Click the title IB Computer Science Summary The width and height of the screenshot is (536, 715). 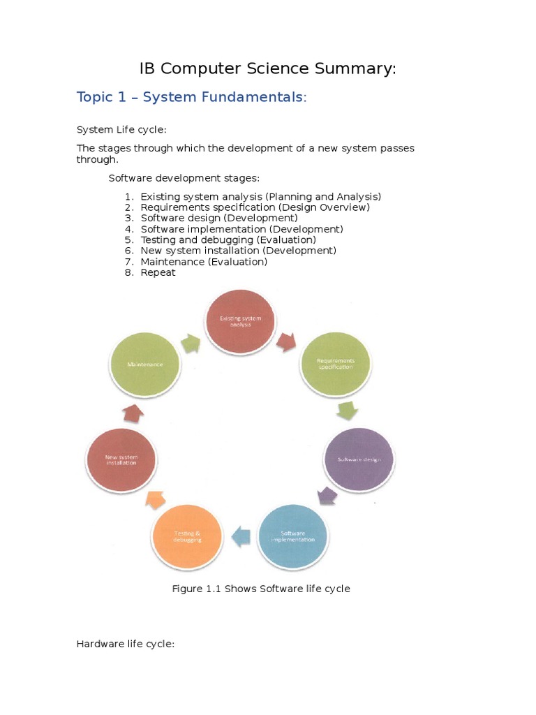[267, 68]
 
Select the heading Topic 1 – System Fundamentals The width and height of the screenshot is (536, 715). [191, 97]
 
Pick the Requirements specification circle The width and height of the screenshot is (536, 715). [336, 364]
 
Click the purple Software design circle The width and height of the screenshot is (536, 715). [359, 459]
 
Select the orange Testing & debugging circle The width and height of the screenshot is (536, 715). [187, 536]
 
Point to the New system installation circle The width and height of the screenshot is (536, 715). [121, 459]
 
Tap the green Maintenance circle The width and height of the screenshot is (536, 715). [145, 364]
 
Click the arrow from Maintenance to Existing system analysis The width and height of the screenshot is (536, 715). [190, 341]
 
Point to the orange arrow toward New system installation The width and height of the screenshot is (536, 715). [154, 499]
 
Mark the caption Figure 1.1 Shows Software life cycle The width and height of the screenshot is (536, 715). [261, 589]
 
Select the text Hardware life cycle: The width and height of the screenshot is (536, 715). [125, 643]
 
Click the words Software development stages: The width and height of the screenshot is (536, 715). [184, 178]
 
